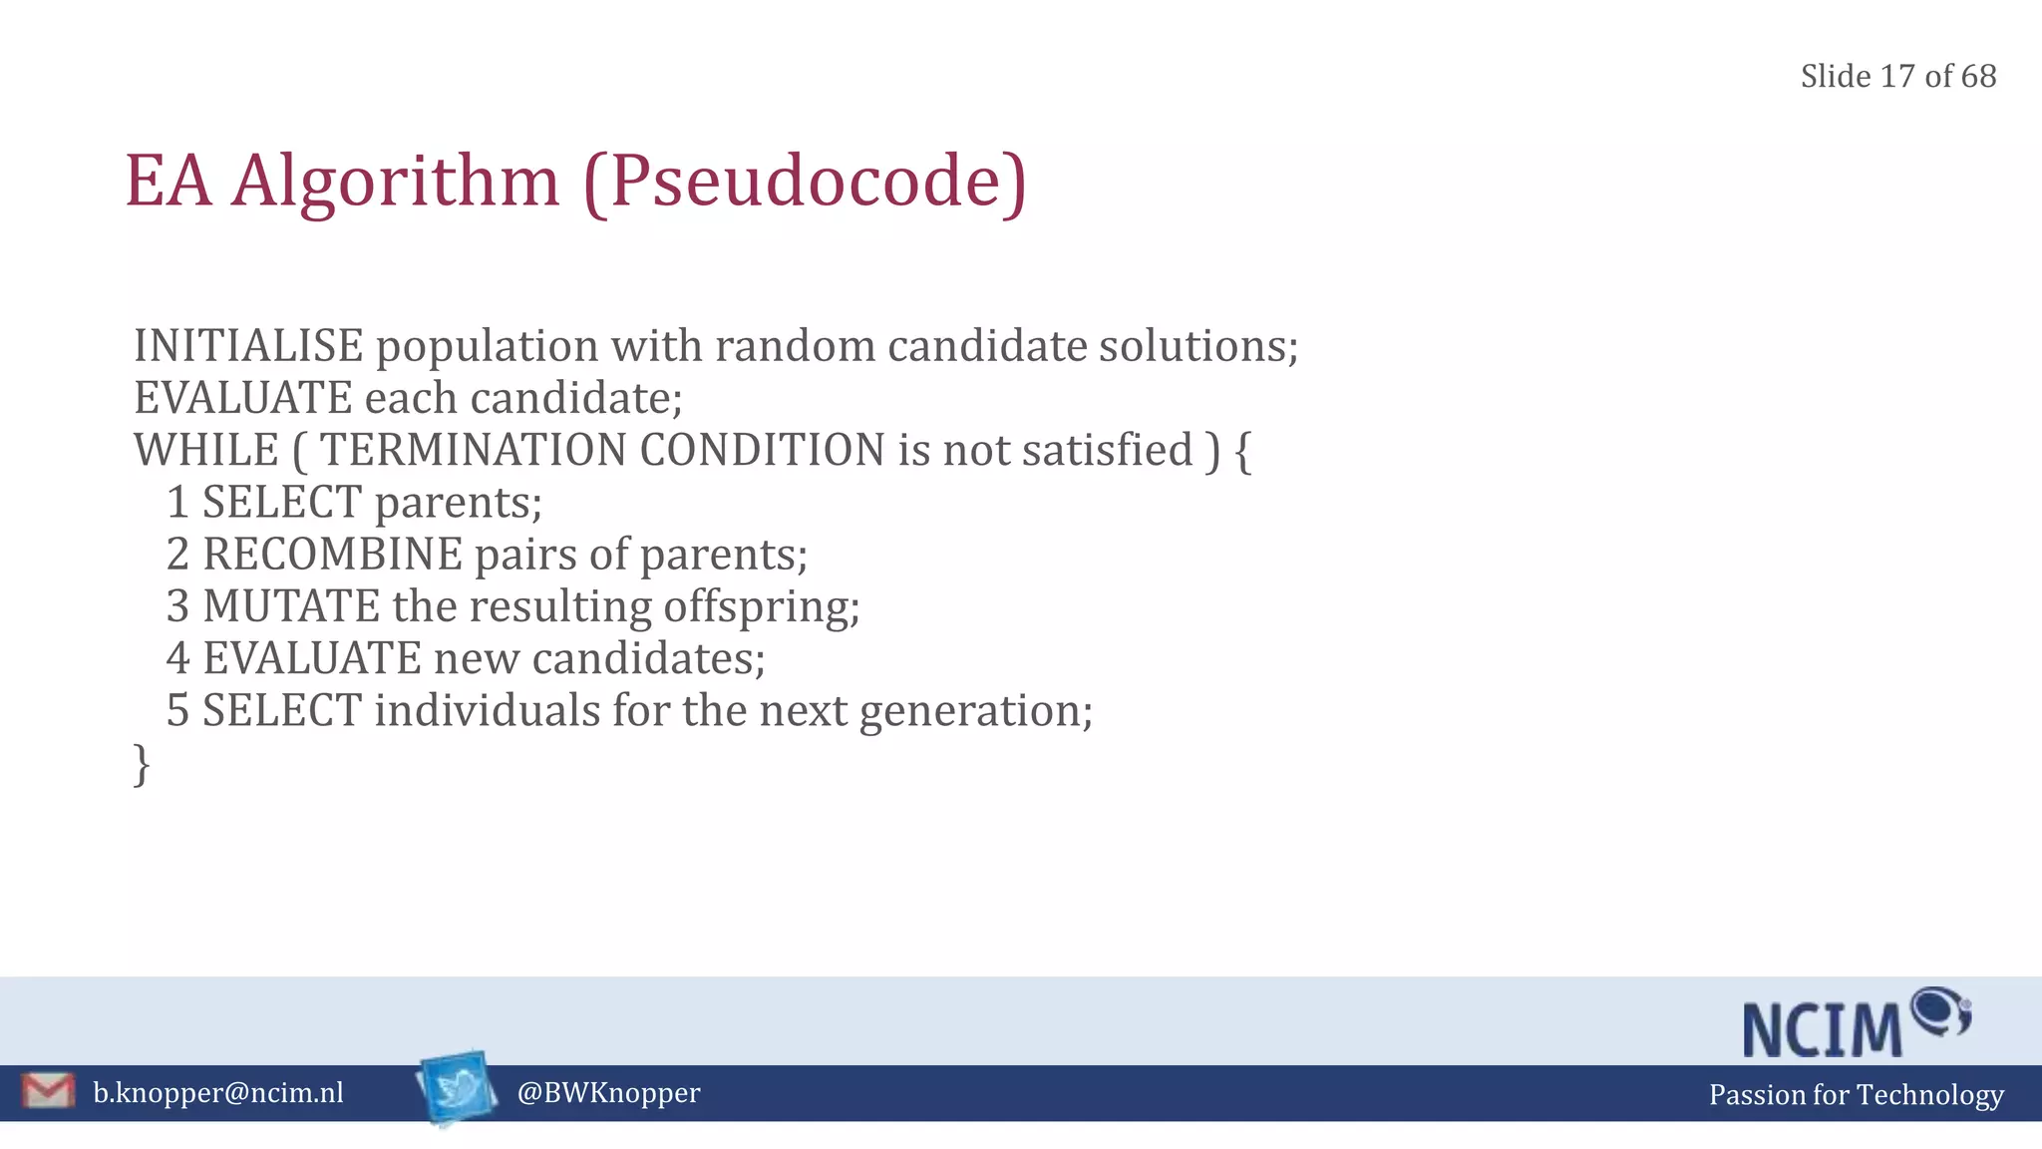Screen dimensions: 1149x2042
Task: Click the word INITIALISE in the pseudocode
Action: (x=248, y=346)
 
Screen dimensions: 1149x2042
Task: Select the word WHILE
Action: (x=206, y=450)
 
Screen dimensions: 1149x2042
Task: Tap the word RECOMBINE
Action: (x=333, y=555)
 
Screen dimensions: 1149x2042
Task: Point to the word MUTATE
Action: (x=291, y=606)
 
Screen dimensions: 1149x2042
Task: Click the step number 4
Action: (x=177, y=658)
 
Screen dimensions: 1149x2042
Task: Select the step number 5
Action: (x=177, y=711)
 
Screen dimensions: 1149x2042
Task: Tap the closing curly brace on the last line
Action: (x=142, y=764)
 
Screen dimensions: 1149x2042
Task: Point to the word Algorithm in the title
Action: (x=396, y=182)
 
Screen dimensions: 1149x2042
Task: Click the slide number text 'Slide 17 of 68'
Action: (x=1897, y=77)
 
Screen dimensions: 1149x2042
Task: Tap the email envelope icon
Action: (x=48, y=1091)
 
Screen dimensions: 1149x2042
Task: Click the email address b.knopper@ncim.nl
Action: (x=218, y=1093)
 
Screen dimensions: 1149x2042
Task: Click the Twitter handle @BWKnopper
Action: (x=608, y=1093)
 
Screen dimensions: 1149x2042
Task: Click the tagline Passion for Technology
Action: (x=1856, y=1095)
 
